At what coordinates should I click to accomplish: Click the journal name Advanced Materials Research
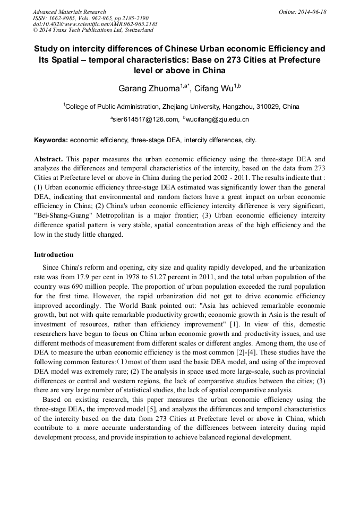coord(70,12)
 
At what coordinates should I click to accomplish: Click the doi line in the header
coord(95,24)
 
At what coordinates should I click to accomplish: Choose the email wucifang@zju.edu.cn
coord(217,120)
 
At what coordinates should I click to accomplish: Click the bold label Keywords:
coord(51,141)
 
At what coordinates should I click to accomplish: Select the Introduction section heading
coord(54,255)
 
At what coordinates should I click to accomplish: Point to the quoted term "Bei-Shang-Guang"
coord(65,216)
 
